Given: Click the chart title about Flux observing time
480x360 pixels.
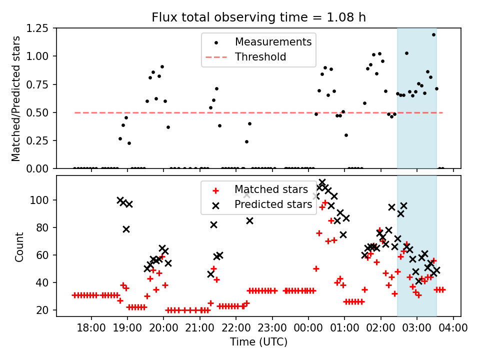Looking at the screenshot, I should pyautogui.click(x=258, y=17).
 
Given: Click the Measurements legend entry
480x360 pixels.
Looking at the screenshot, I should pyautogui.click(x=273, y=41).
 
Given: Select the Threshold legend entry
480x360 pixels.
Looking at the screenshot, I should pyautogui.click(x=260, y=57).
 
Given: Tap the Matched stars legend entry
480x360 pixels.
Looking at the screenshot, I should pyautogui.click(x=271, y=189).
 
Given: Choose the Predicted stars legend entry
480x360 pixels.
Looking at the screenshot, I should pyautogui.click(x=273, y=204).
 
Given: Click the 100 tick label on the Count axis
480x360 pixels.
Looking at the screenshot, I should pyautogui.click(x=43, y=200).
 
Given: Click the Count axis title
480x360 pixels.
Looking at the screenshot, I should pyautogui.click(x=19, y=246).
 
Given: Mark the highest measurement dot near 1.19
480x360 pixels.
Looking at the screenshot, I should pyautogui.click(x=433, y=34).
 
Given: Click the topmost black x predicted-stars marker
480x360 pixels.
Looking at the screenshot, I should pyautogui.click(x=322, y=182).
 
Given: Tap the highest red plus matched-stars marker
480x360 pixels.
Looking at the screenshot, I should pyautogui.click(x=325, y=202).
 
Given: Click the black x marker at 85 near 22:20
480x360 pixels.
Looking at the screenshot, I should pyautogui.click(x=249, y=220).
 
